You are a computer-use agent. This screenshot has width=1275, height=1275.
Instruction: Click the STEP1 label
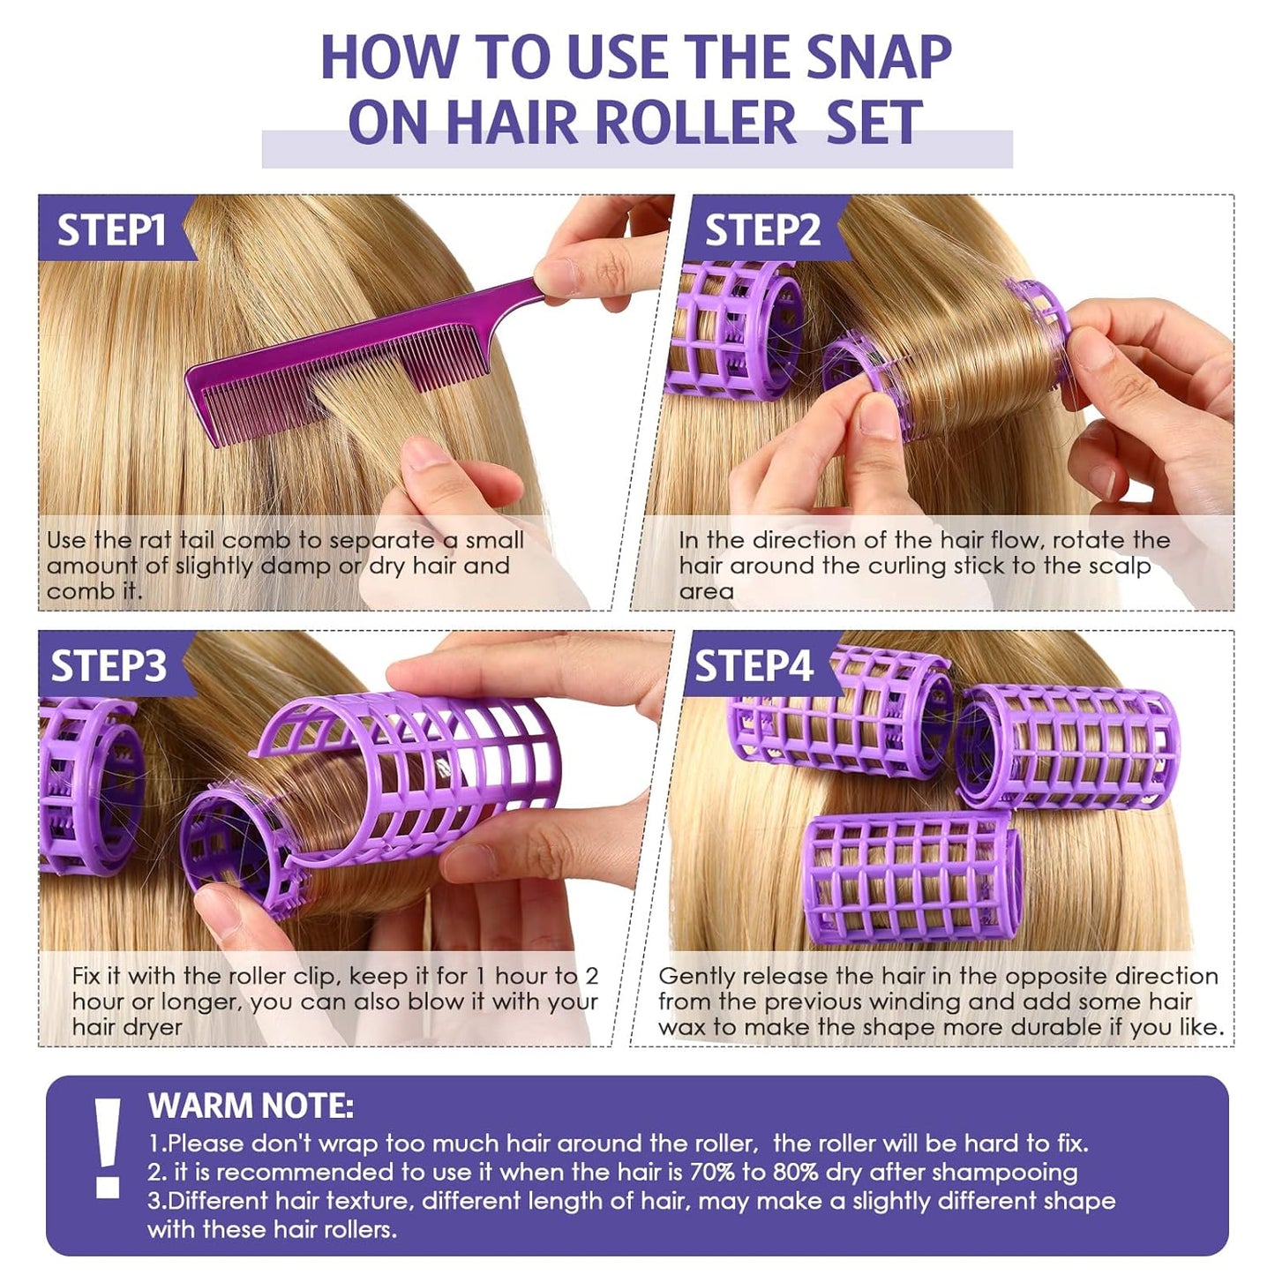point(111,230)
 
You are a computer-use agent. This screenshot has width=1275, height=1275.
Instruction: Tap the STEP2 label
point(762,230)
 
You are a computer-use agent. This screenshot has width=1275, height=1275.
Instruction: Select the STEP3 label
point(108,666)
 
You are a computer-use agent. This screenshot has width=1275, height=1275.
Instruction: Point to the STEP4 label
point(754,666)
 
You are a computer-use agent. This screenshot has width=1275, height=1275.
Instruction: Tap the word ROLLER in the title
point(695,123)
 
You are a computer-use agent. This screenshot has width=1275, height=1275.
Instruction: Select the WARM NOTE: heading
point(251,1106)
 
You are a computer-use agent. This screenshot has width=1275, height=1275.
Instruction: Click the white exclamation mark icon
point(109,1148)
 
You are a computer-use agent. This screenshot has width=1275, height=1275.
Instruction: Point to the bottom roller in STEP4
point(913,877)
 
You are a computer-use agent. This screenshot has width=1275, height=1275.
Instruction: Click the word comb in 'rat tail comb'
point(257,540)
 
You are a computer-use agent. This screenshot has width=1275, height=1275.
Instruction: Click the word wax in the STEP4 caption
point(682,1027)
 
